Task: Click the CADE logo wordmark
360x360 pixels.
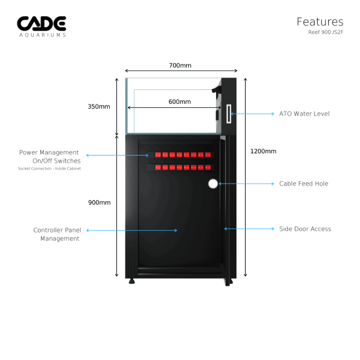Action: [x=41, y=23]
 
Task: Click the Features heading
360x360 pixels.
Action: [x=320, y=22]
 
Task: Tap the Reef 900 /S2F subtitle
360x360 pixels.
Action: [x=326, y=32]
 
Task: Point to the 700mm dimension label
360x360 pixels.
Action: [x=180, y=66]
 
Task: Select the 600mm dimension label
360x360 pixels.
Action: [x=180, y=102]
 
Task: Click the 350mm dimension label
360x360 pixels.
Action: [x=99, y=107]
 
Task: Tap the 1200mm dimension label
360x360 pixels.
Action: [x=263, y=151]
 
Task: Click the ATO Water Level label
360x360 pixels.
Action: [x=304, y=114]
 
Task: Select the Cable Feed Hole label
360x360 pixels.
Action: [x=304, y=184]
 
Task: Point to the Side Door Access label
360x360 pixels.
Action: [x=305, y=229]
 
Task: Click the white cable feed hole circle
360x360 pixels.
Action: [x=213, y=183]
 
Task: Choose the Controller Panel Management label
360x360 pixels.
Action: [x=57, y=234]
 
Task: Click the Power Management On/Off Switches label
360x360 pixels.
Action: [x=50, y=157]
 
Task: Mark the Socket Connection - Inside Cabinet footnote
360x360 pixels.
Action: [x=49, y=169]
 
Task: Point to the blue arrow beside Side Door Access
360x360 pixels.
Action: [x=249, y=229]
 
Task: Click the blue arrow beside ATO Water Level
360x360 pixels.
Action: [x=253, y=114]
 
